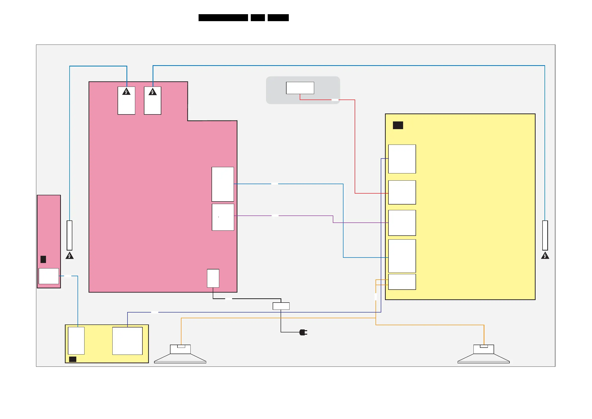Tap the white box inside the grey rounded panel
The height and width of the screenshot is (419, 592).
point(300,88)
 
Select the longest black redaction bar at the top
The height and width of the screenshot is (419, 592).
point(223,18)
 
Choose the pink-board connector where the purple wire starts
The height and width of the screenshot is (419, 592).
point(223,217)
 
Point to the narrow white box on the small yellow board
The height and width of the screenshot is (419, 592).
point(76,341)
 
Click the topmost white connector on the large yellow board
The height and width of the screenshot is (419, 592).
point(402,159)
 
